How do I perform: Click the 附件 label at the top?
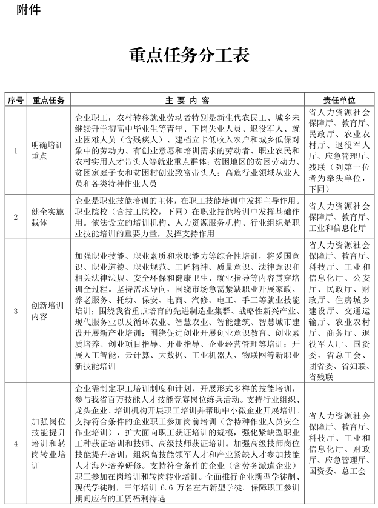(x=28, y=10)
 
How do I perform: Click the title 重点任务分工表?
(x=189, y=55)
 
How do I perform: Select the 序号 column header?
(x=16, y=100)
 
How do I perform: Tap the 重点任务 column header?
(x=48, y=100)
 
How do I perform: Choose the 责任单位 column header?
(x=339, y=100)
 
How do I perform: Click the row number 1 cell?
(x=16, y=150)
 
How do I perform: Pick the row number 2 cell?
(x=16, y=216)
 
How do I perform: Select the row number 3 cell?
(x=16, y=311)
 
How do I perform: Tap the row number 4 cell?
(x=16, y=443)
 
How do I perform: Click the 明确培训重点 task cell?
(x=48, y=150)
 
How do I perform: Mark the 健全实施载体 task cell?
(x=48, y=216)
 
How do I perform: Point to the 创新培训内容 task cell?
(x=48, y=311)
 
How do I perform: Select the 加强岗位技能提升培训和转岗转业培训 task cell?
(x=48, y=443)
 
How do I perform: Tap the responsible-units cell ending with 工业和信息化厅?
(x=339, y=216)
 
